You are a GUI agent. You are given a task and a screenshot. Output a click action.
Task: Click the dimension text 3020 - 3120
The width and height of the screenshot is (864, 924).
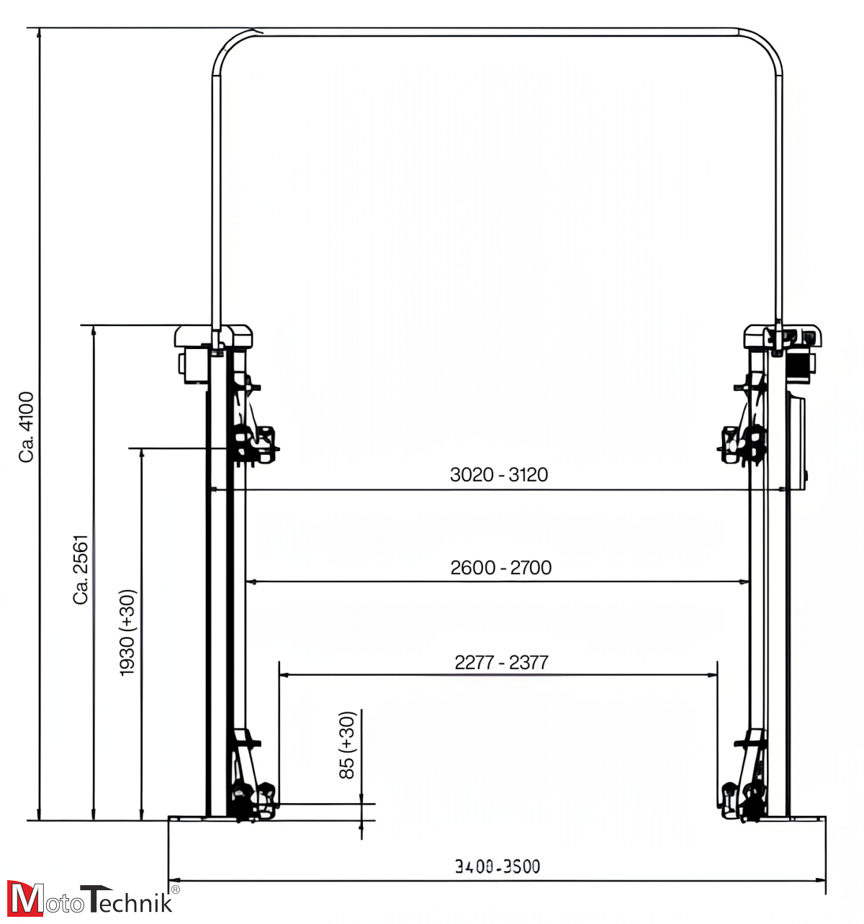(x=499, y=475)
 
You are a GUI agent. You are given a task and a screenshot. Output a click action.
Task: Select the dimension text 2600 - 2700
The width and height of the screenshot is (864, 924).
(x=501, y=568)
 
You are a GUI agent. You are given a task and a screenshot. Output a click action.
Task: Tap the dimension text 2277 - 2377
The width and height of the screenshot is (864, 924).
(x=501, y=662)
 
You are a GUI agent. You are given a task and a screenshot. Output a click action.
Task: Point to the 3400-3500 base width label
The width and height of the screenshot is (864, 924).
(x=498, y=866)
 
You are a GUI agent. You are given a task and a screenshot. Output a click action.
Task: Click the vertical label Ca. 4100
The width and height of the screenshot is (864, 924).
(x=27, y=427)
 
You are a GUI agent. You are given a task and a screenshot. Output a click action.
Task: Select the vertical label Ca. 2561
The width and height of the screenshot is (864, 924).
(x=81, y=569)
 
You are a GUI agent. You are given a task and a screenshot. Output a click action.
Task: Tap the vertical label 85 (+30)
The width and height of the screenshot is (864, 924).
(x=347, y=745)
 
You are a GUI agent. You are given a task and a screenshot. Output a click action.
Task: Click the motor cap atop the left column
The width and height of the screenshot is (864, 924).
(x=214, y=335)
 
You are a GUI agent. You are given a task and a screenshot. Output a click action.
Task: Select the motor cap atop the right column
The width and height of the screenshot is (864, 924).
(x=783, y=335)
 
